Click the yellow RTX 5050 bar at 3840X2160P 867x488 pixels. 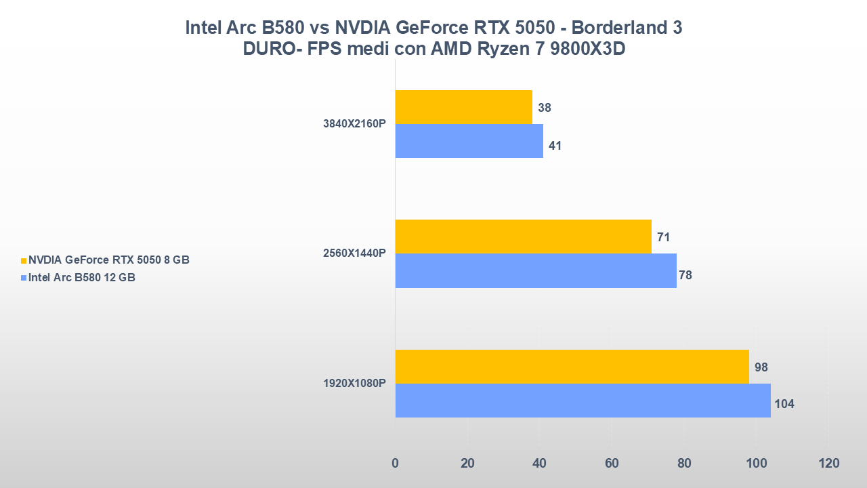(x=464, y=107)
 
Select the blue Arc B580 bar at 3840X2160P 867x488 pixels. (x=469, y=141)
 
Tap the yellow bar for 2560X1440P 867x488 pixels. (x=523, y=237)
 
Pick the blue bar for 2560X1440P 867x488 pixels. (x=536, y=270)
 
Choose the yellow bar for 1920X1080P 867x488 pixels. (x=572, y=367)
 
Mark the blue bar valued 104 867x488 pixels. (x=583, y=401)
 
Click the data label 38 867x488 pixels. (x=545, y=108)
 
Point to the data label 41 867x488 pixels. (x=555, y=145)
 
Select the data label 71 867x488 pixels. (x=663, y=237)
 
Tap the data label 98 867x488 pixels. (x=761, y=367)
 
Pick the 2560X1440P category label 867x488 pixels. (x=354, y=253)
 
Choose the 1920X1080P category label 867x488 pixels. (x=354, y=383)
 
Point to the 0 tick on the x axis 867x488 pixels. (x=396, y=464)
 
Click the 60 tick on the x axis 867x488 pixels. (x=612, y=464)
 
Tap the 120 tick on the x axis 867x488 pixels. (x=828, y=464)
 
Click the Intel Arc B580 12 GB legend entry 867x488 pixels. (x=81, y=277)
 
